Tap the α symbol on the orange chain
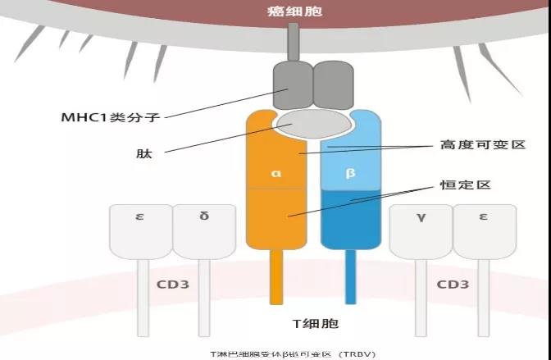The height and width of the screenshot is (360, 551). coord(275,174)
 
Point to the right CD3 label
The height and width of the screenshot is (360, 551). coord(452,285)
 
